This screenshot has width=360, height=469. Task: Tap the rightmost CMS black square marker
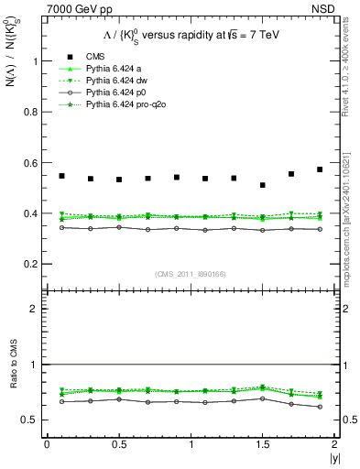[x=320, y=169]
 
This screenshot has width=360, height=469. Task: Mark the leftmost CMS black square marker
[x=61, y=176]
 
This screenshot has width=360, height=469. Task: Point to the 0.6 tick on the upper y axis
[x=33, y=163]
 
